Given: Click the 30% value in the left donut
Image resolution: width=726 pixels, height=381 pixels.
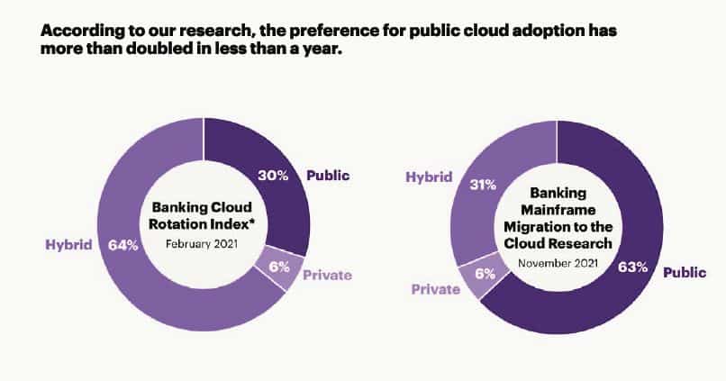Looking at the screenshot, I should [x=274, y=176].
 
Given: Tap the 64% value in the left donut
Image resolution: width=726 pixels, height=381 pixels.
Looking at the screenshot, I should [x=123, y=244].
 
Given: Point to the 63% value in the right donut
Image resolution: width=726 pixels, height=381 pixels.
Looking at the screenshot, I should [x=632, y=268].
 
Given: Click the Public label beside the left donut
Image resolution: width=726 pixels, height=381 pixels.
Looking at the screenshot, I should [x=328, y=176].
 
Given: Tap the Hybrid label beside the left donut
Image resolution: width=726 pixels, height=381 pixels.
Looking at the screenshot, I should [x=69, y=244].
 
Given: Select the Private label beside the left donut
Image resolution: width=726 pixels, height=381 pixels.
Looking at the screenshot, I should [x=326, y=276].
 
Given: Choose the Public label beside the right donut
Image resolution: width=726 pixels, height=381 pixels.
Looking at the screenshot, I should [x=685, y=270].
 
